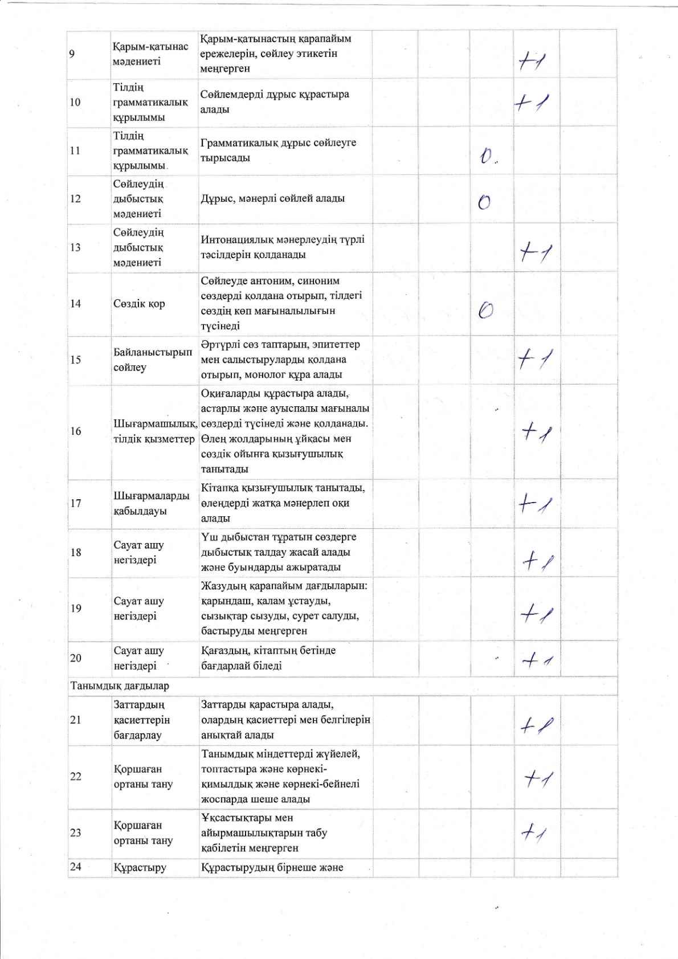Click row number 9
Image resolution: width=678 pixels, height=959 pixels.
pos(71,54)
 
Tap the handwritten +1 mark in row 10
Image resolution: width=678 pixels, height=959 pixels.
pos(531,104)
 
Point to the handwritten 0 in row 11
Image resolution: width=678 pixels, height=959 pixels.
pos(487,156)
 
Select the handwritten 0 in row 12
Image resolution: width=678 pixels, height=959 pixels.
pos(484,202)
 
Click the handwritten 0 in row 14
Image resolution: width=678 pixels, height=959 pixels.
pos(485,309)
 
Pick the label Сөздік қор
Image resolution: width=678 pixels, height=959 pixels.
pos(139,303)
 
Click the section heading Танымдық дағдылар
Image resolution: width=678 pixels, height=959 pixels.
pos(120,685)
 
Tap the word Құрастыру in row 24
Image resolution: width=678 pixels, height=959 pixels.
pos(140,867)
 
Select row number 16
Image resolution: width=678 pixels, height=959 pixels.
pos(75,431)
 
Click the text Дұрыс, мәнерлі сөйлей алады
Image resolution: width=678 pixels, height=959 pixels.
pos(273,198)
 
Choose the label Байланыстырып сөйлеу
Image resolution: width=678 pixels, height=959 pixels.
pos(153,360)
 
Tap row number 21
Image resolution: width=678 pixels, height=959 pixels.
pos(75,720)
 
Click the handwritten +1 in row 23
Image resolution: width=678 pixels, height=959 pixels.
pos(534,834)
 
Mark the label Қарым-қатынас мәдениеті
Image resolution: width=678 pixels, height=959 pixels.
pos(150,54)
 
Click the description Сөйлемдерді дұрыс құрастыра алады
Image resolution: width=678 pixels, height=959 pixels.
pos(275,101)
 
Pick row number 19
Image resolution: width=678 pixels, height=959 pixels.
pos(75,608)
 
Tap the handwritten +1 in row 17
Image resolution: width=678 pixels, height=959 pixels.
pos(536,504)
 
